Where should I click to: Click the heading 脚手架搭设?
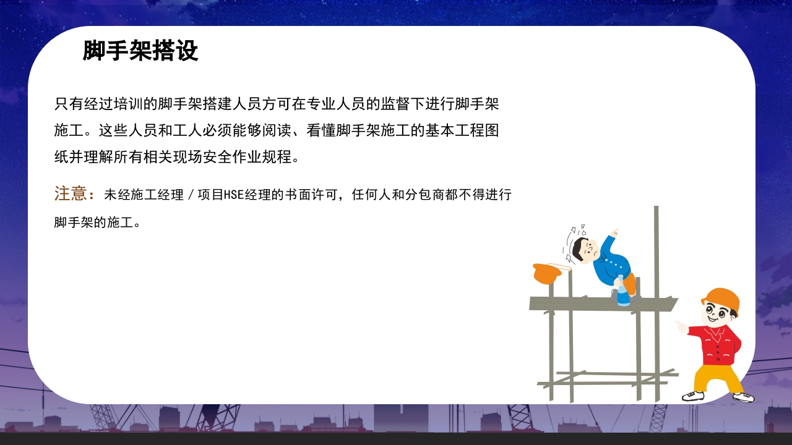point(140,51)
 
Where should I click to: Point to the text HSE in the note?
point(233,195)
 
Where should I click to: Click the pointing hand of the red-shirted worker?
point(681,326)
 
